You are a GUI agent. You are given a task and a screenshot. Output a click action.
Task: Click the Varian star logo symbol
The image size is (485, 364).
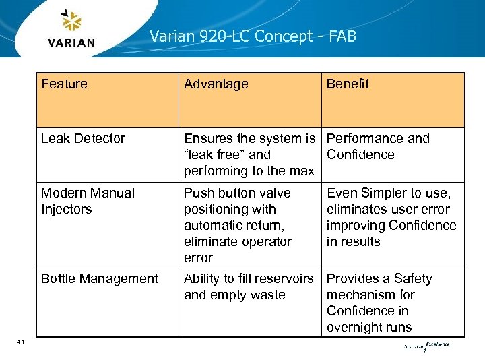coord(71,22)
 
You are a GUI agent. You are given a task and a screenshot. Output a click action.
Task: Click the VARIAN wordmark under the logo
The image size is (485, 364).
coord(71,43)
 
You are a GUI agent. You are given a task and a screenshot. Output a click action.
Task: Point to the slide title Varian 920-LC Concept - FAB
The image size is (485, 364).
coord(253,36)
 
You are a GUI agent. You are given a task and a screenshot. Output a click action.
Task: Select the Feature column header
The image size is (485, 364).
coord(64,84)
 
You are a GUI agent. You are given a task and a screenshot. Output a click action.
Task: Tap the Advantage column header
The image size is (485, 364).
coord(216,84)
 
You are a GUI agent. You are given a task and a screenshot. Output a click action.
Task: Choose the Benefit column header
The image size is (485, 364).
coord(348,84)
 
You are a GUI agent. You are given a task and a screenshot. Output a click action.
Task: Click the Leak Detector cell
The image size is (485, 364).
coord(83,139)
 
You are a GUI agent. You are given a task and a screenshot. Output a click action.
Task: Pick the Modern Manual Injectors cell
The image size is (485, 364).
coord(88,201)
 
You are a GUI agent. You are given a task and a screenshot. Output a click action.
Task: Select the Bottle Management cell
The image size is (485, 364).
coord(99,279)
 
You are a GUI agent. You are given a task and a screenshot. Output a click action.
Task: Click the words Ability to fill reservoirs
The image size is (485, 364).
coord(249,279)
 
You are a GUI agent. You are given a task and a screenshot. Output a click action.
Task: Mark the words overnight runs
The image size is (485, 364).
coord(369,328)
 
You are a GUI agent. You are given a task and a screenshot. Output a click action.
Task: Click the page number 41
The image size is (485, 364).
coord(20,343)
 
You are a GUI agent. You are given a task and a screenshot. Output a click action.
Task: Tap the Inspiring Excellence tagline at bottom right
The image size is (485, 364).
coord(426,346)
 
